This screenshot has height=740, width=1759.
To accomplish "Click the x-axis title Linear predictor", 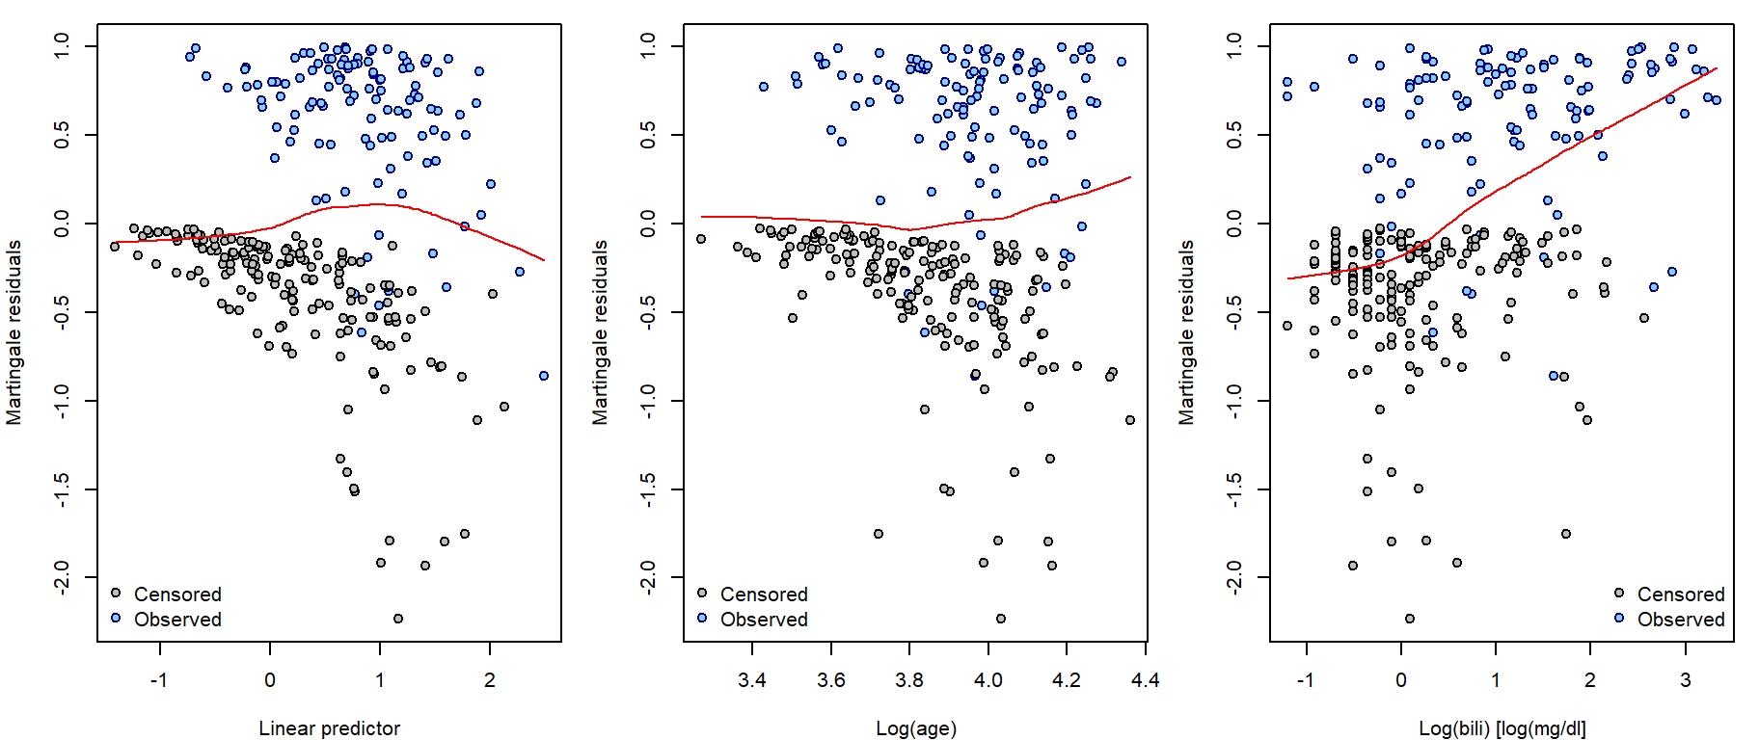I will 329,728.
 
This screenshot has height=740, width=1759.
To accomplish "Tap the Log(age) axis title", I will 915,728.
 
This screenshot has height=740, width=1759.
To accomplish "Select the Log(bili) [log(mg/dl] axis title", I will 1502,728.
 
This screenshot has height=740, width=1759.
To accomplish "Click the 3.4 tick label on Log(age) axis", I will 752,680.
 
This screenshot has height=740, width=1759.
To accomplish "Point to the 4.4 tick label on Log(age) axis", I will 1145,680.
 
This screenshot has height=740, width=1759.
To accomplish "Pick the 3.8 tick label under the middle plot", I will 909,680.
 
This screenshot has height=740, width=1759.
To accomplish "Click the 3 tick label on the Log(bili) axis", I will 1685,680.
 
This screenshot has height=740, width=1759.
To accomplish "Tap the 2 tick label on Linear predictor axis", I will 490,680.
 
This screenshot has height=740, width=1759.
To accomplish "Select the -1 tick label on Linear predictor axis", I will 159,680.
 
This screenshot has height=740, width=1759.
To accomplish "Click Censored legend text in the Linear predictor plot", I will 177,595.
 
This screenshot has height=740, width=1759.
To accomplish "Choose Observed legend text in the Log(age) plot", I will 764,620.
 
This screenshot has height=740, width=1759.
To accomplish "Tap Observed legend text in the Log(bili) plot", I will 1681,620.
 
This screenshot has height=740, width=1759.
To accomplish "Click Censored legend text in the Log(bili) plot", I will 1681,595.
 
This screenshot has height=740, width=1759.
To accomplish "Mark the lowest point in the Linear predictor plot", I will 398,619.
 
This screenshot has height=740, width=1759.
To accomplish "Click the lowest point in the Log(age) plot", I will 1001,619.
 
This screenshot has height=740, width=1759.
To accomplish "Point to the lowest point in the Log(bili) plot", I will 1410,619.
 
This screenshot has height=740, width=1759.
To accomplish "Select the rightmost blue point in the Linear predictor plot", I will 544,376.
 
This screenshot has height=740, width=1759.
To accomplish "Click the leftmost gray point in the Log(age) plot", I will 701,239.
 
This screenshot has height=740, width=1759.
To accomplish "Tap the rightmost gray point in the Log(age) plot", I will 1130,420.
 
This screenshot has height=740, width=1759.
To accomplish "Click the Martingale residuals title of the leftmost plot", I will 14,332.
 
